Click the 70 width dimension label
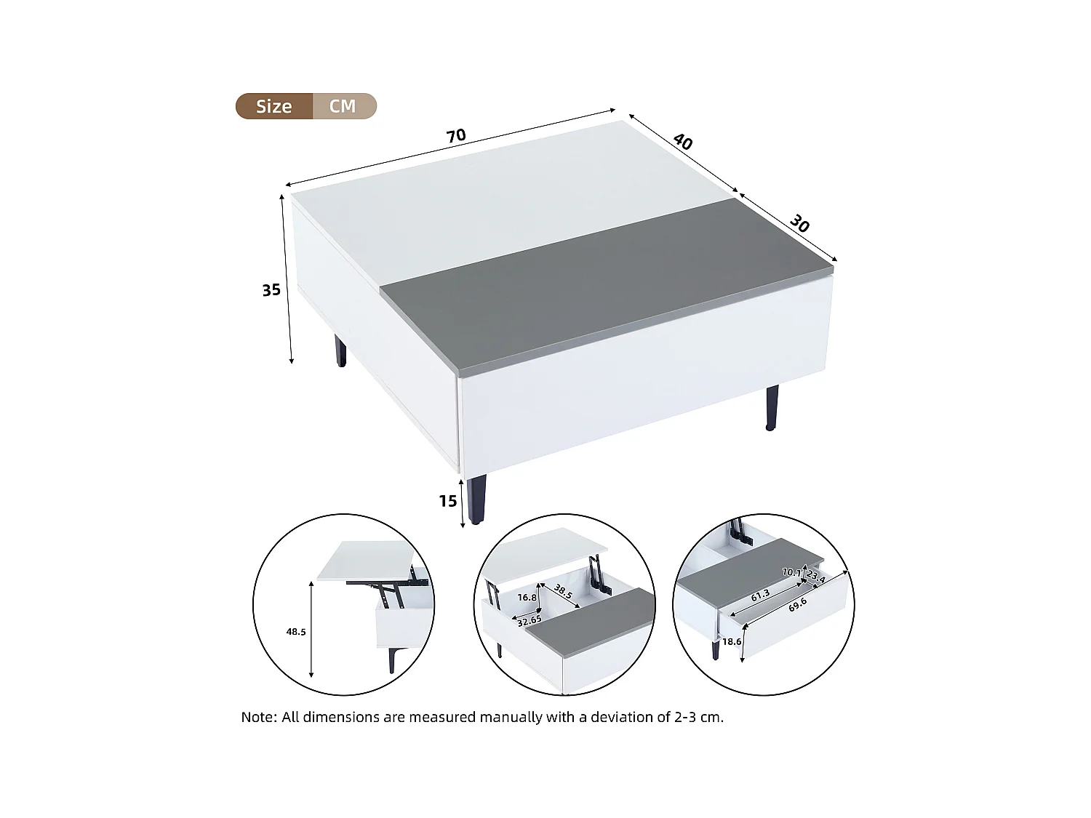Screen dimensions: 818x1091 [455, 136]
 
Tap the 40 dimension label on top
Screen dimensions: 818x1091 [682, 142]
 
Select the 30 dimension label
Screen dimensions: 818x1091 [799, 225]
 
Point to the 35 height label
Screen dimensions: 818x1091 [271, 290]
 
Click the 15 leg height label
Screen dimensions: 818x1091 [448, 501]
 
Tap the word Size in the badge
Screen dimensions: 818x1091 [273, 106]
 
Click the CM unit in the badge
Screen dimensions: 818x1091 [343, 106]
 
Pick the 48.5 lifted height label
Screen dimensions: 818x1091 [296, 632]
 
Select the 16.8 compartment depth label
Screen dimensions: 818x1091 [527, 598]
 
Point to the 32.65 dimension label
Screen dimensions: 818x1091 [529, 621]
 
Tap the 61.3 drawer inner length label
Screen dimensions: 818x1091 [760, 596]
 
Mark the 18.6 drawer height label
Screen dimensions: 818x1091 [732, 642]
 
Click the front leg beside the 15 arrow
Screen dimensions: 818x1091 [477, 499]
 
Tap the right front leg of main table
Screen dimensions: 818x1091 [771, 408]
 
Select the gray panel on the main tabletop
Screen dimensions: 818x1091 [604, 284]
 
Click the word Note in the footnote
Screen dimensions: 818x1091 [258, 717]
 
